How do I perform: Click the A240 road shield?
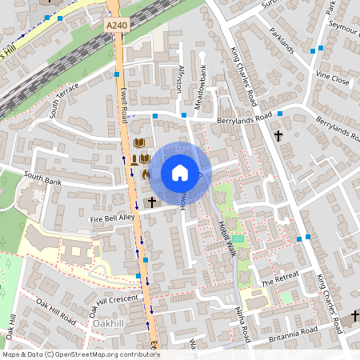(x=116, y=26)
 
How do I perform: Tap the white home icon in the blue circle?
(x=180, y=173)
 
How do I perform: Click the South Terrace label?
(x=64, y=100)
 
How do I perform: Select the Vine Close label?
(x=333, y=80)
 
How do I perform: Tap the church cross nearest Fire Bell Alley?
(x=151, y=202)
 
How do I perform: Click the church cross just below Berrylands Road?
(x=278, y=136)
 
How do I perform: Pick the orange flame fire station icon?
(x=146, y=173)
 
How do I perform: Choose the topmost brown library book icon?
(x=140, y=142)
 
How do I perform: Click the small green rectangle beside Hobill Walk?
(x=237, y=238)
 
